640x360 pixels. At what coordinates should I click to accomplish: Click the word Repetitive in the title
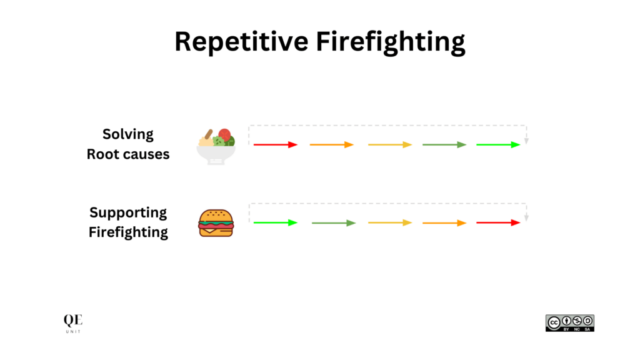coord(239,42)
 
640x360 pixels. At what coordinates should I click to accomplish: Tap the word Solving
coord(128,134)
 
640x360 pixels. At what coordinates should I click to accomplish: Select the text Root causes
coord(128,154)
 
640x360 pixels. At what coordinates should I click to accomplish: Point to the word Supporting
coord(128,212)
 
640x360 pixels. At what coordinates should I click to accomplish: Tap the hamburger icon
coord(216,223)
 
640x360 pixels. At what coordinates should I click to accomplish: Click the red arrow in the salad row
coord(275,144)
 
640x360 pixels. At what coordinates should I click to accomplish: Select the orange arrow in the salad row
coord(331,144)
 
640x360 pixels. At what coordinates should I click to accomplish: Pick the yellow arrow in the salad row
coord(389,144)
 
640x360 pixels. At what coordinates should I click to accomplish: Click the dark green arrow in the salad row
coord(444,144)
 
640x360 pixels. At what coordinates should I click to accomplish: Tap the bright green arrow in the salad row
coord(498,144)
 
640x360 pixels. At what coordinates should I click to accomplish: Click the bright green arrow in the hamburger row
coord(275,222)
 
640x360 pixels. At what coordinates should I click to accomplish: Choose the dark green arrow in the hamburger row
coord(333,222)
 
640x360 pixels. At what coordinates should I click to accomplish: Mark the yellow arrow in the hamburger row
coord(389,222)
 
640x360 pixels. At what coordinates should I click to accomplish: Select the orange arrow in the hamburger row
coord(444,222)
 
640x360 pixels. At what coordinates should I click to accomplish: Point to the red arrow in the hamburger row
coord(498,222)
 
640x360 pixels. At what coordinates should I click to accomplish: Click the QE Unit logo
coord(72,323)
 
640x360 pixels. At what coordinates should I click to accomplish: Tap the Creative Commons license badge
coord(569,322)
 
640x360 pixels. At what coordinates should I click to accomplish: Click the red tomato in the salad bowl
coord(224,134)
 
